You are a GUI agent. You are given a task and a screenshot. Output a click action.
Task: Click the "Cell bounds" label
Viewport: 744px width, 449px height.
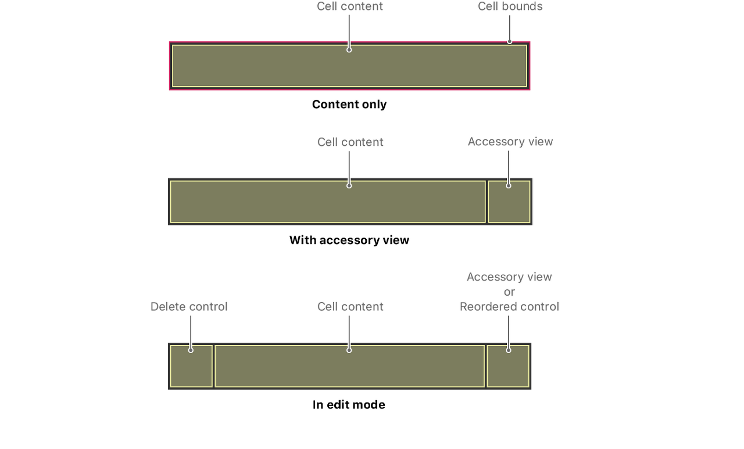click(x=510, y=6)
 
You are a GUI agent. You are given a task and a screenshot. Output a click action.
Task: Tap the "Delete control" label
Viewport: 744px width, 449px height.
click(x=188, y=307)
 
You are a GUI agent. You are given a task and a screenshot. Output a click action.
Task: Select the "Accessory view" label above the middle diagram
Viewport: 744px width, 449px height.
click(x=510, y=142)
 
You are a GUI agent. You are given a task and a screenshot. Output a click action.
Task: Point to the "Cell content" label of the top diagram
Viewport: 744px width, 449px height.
click(x=350, y=6)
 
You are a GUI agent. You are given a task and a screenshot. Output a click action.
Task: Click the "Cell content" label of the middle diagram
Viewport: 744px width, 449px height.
click(x=350, y=142)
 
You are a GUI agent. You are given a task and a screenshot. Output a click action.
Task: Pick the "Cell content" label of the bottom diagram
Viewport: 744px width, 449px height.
click(x=350, y=307)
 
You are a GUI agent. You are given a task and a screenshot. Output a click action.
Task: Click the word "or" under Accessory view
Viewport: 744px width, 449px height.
click(x=509, y=292)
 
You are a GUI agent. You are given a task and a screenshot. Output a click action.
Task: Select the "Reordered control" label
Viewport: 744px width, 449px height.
click(x=509, y=307)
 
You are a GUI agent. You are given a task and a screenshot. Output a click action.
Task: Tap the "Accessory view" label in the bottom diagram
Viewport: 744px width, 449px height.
click(x=509, y=277)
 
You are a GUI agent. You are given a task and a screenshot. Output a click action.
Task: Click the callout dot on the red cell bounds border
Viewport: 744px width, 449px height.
click(x=510, y=41)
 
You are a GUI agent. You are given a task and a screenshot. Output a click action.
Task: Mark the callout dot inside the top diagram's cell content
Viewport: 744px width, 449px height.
click(x=349, y=50)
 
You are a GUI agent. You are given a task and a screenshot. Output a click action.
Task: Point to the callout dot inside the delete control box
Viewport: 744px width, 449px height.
click(x=191, y=350)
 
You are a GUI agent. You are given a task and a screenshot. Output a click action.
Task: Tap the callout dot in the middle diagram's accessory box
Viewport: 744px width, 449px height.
click(x=509, y=186)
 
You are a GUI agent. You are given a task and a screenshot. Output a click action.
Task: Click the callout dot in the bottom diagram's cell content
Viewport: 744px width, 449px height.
click(x=349, y=350)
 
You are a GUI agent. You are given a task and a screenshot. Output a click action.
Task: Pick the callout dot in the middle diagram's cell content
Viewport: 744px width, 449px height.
click(x=349, y=186)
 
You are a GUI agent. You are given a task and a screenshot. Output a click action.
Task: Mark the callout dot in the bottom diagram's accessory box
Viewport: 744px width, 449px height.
click(x=509, y=350)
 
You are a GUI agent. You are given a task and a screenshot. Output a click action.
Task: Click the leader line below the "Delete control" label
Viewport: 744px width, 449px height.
click(x=191, y=331)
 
